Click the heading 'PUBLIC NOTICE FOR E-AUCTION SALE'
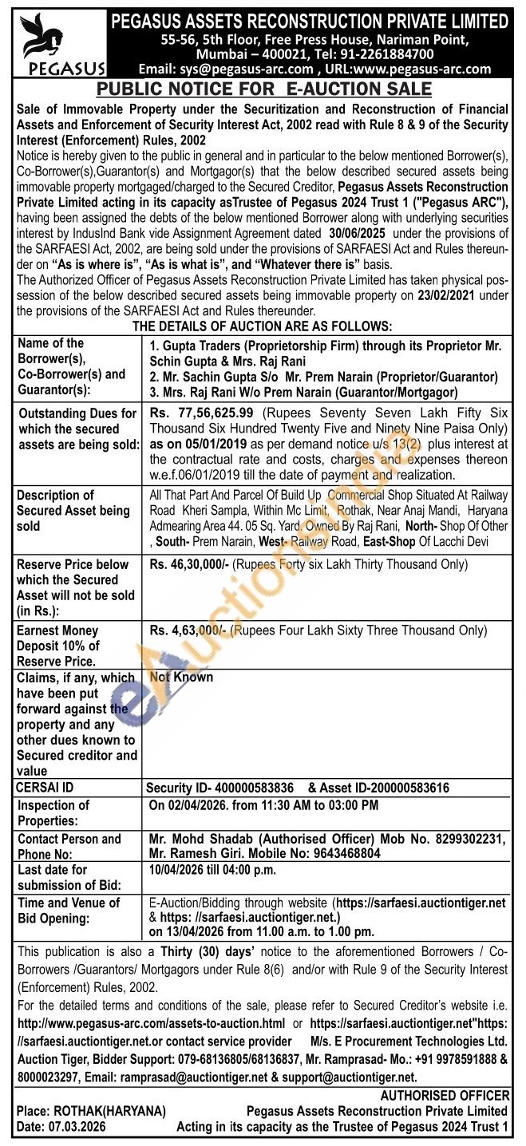pyautogui.click(x=263, y=89)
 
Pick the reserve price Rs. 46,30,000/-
pyautogui.click(x=188, y=565)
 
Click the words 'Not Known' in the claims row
pyautogui.click(x=181, y=677)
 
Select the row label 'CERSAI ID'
pyautogui.click(x=45, y=788)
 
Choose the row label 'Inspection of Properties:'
pyautogui.click(x=53, y=812)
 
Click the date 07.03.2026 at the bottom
pyautogui.click(x=80, y=1125)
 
